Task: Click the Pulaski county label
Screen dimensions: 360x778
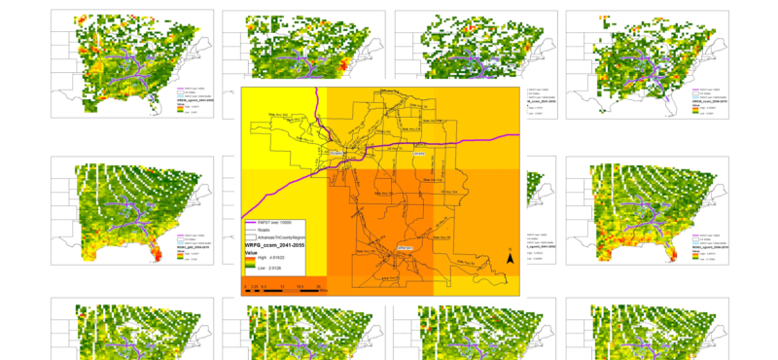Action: (336, 153)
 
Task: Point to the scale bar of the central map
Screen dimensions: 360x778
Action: (286, 287)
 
